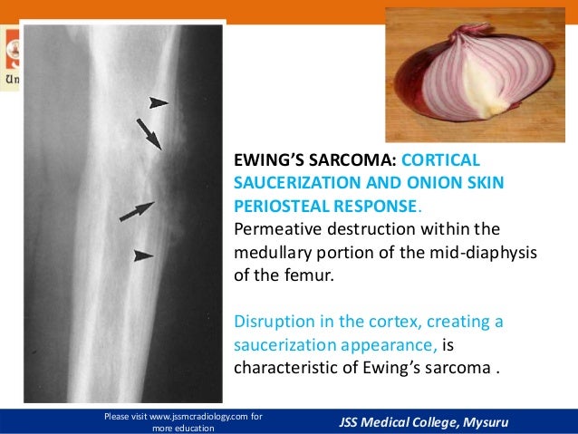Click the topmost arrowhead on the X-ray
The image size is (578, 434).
point(159,103)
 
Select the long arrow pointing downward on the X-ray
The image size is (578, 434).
point(149,133)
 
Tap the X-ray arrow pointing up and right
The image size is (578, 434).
point(137,211)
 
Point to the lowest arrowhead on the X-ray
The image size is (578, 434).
point(143,256)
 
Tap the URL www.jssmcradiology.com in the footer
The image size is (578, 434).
point(188,417)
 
